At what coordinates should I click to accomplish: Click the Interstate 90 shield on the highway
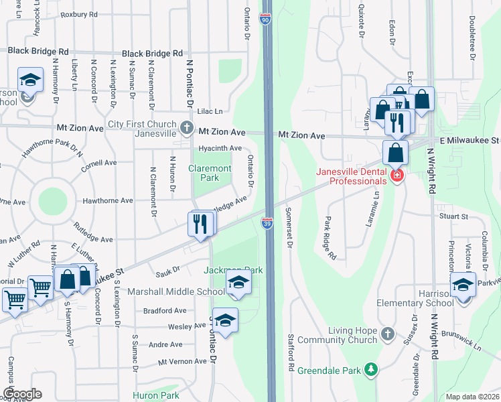(266, 21)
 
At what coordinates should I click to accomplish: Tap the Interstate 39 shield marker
(267, 224)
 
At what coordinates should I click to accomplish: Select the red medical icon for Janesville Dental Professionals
(397, 176)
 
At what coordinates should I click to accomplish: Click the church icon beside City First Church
(187, 125)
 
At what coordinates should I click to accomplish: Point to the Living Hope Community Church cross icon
(387, 334)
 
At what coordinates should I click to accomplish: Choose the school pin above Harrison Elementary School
(462, 284)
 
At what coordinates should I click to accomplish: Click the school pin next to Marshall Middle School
(237, 283)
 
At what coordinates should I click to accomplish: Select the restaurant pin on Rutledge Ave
(200, 223)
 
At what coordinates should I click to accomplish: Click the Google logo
(22, 393)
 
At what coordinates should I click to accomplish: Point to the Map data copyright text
(473, 397)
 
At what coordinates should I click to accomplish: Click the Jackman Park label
(233, 269)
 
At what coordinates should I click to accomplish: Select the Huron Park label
(155, 395)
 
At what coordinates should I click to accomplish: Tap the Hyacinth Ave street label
(220, 148)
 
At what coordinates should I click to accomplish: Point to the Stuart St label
(453, 216)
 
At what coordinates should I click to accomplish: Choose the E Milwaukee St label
(470, 140)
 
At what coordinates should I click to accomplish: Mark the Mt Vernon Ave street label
(182, 361)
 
